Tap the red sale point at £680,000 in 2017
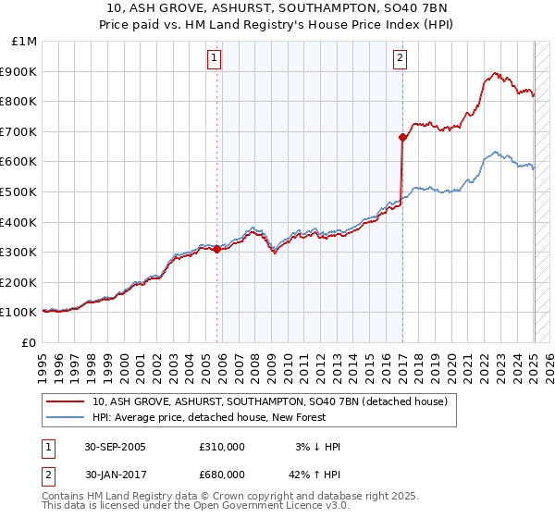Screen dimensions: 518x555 coord(402,138)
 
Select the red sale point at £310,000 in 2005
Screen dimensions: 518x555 coord(217,249)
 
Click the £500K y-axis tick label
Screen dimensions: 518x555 coord(21,191)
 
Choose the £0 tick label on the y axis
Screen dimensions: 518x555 coord(30,342)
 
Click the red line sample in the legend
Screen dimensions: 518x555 coord(65,401)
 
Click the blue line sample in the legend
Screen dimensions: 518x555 coord(65,417)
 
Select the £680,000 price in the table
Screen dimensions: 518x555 coord(222,475)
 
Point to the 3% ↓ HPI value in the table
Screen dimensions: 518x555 coord(316,447)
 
